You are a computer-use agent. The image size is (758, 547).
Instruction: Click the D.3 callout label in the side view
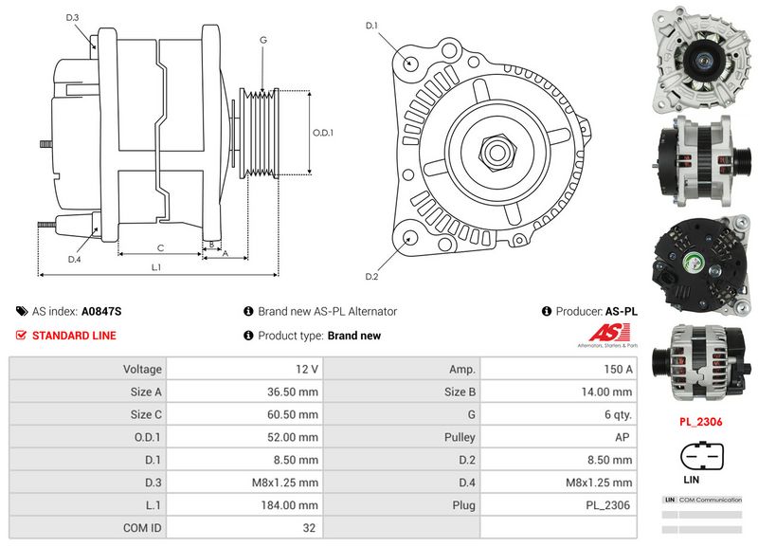(x=73, y=18)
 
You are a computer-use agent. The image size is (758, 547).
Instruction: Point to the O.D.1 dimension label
(x=324, y=133)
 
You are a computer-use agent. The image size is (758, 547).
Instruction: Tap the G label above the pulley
(x=262, y=40)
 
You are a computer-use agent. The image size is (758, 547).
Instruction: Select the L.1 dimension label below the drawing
(x=156, y=268)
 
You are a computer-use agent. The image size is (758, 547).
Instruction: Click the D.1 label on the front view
(x=371, y=25)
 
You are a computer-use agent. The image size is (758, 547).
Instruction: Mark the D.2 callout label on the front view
(x=371, y=276)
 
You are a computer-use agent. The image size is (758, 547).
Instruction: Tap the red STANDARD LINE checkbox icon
(x=21, y=336)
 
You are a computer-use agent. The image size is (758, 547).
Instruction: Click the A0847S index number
(x=101, y=311)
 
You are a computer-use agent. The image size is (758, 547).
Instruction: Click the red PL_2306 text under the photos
(x=700, y=421)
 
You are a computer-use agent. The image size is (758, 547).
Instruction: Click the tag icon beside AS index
(x=21, y=311)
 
